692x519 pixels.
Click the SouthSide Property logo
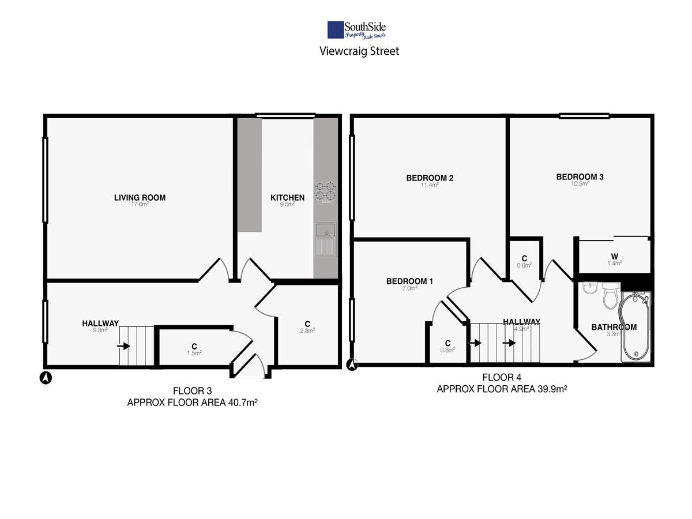coord(356,30)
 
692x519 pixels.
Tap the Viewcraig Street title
coord(359,51)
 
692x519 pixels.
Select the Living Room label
coord(140,198)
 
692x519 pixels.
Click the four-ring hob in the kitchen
coord(326,192)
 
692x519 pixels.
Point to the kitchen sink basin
coord(326,230)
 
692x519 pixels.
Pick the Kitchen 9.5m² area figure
coord(287,204)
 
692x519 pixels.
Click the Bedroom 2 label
coord(430,178)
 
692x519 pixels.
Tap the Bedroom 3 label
coord(580,177)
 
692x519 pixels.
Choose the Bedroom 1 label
coord(409,281)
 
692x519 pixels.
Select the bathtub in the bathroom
coord(635,326)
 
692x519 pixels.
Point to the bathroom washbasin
coord(590,287)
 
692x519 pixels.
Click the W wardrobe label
coord(615,257)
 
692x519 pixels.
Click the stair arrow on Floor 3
coord(123,346)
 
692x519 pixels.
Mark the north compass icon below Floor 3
coord(46,378)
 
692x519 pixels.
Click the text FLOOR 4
coord(502,377)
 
